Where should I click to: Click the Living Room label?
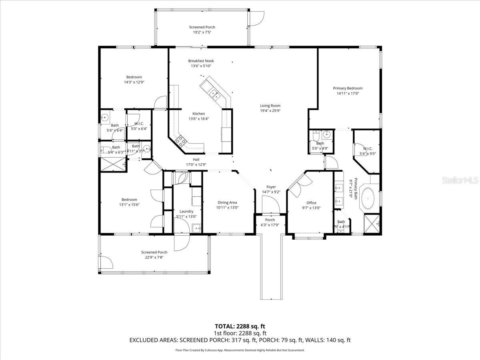(x=270, y=106)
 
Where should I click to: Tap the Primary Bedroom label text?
(x=348, y=88)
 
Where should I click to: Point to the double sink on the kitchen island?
(x=215, y=95)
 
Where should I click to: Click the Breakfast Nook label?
(x=201, y=61)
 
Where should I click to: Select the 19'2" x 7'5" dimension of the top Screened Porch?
(x=202, y=33)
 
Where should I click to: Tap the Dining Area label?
(x=227, y=202)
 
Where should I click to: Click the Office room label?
(x=311, y=203)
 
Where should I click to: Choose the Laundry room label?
(x=186, y=211)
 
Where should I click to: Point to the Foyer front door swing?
(x=271, y=206)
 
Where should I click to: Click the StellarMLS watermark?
(x=460, y=181)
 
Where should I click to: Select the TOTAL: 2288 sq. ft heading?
(x=240, y=326)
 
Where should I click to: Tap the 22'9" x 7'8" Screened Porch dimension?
(x=154, y=257)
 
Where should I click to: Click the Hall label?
(x=196, y=159)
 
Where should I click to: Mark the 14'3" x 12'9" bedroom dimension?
(x=134, y=82)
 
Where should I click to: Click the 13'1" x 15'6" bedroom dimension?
(x=129, y=205)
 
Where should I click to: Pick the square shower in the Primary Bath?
(x=372, y=223)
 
